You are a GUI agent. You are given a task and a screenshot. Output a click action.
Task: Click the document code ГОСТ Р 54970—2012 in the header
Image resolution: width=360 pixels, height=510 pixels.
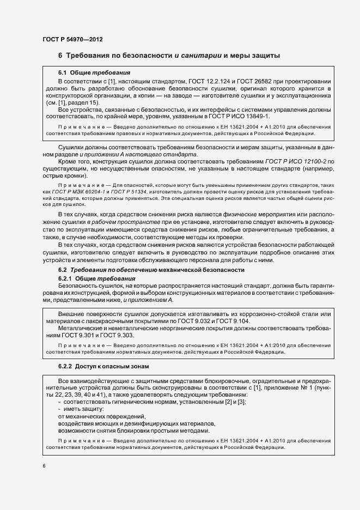pos(72,40)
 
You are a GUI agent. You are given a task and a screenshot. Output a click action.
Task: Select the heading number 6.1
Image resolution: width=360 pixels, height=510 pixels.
pos(62,72)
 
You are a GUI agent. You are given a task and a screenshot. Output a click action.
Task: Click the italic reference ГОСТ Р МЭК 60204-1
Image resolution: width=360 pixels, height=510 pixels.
pos(77,192)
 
